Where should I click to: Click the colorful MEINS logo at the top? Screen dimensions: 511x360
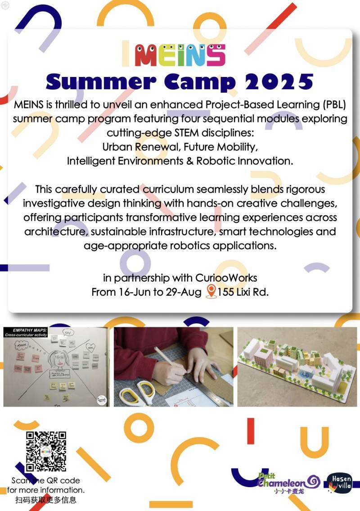click(180, 54)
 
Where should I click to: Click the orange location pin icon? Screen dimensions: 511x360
click(211, 291)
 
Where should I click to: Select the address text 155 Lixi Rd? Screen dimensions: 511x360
click(243, 292)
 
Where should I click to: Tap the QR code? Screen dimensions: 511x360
click(46, 452)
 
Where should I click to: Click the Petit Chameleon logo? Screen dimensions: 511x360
click(288, 483)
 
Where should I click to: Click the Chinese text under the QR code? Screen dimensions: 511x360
click(46, 500)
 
